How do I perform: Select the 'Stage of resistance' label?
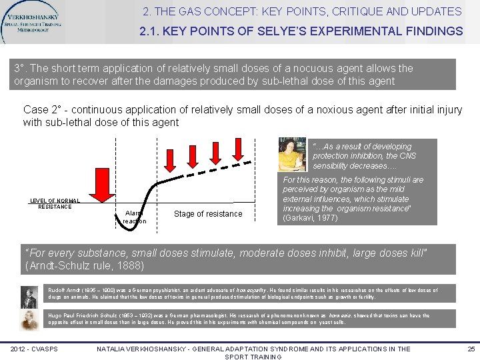click(208, 214)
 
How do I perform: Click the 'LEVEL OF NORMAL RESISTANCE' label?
click(55, 203)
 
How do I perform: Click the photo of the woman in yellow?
click(294, 155)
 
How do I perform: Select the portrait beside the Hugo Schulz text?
click(29, 319)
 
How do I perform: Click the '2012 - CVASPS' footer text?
click(35, 349)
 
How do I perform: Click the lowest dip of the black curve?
click(137, 223)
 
